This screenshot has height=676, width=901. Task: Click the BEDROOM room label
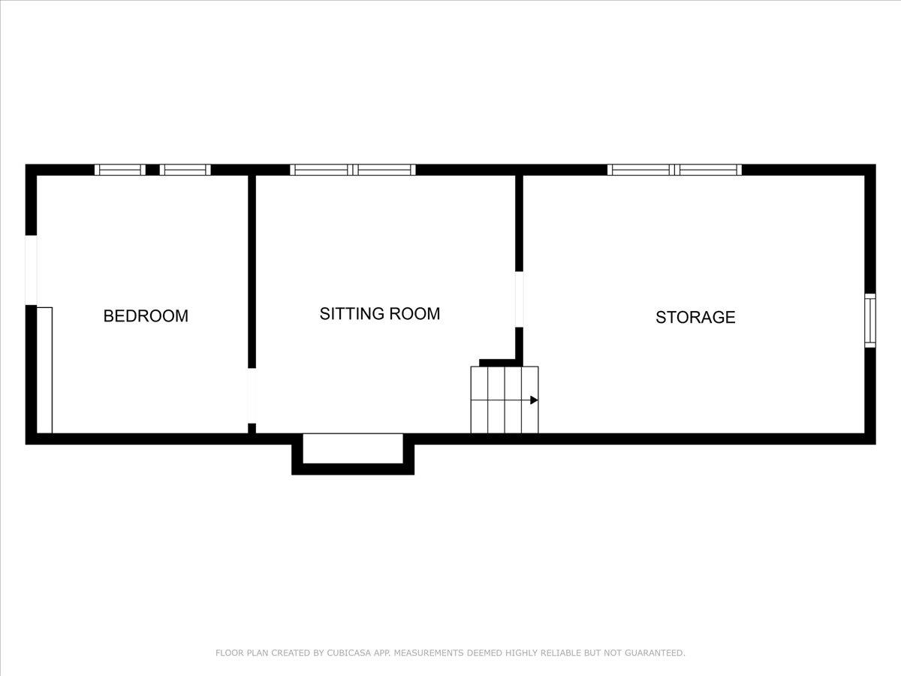tap(146, 316)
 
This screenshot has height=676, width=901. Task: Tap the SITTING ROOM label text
tap(380, 314)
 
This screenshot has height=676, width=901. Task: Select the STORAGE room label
tap(695, 317)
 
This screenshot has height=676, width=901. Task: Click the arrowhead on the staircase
tap(534, 400)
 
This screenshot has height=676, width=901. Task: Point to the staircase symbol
tap(505, 400)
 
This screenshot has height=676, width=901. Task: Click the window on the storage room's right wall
tap(869, 320)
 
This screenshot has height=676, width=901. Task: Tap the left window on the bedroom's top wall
tap(120, 170)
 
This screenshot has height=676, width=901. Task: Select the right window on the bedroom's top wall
tap(185, 170)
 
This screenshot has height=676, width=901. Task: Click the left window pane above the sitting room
tap(321, 170)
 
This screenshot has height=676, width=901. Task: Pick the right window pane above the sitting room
tap(385, 170)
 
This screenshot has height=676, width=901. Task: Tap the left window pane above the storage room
tap(640, 170)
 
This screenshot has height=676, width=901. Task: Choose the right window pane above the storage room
tap(710, 170)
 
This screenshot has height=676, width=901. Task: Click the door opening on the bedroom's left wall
tap(31, 270)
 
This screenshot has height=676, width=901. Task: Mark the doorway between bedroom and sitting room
tap(252, 396)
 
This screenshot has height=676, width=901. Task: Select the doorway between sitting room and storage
tap(519, 299)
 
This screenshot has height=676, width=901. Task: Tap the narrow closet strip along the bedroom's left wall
tap(45, 370)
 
